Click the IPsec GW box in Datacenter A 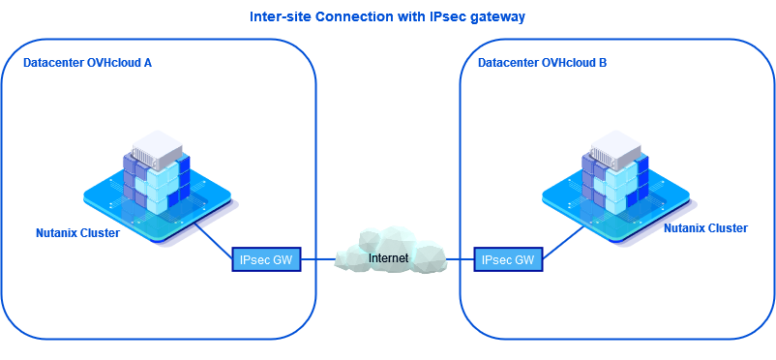pyautogui.click(x=267, y=259)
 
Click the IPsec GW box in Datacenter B pyautogui.click(x=508, y=259)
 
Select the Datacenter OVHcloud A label pyautogui.click(x=88, y=63)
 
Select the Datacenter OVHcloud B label pyautogui.click(x=543, y=63)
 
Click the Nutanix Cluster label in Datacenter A pyautogui.click(x=77, y=233)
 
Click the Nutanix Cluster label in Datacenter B pyautogui.click(x=705, y=228)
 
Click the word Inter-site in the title pyautogui.click(x=278, y=17)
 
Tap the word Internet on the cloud pyautogui.click(x=389, y=258)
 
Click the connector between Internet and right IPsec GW pyautogui.click(x=459, y=259)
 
